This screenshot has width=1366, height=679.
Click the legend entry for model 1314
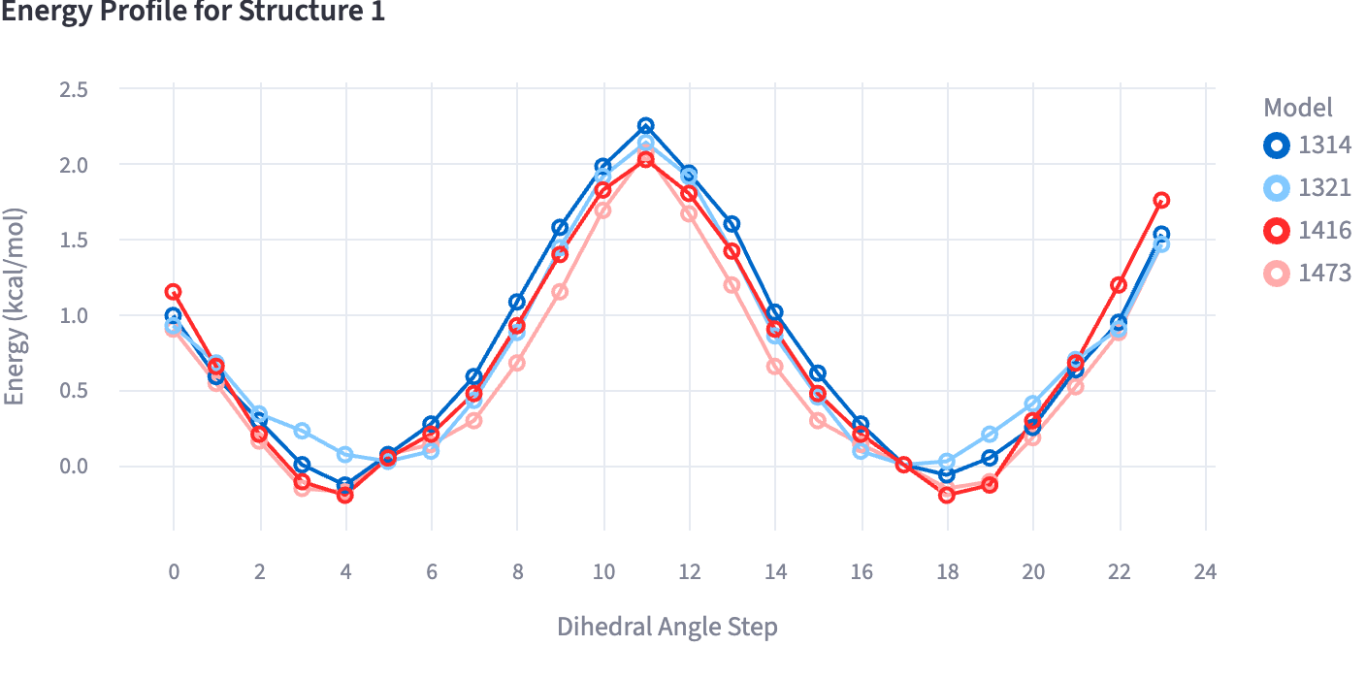pyautogui.click(x=1306, y=145)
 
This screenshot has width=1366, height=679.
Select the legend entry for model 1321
pyautogui.click(x=1306, y=188)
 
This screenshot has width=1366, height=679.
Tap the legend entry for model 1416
pyautogui.click(x=1306, y=231)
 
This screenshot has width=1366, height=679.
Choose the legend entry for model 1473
pyautogui.click(x=1306, y=274)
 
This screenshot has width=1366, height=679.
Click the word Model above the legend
pyautogui.click(x=1298, y=107)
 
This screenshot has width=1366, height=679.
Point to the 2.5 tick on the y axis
pyautogui.click(x=75, y=89)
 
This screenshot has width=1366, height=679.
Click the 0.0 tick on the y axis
pyautogui.click(x=75, y=467)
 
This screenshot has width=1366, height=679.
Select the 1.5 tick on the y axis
pyautogui.click(x=75, y=241)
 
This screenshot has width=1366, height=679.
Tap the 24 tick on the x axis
pyautogui.click(x=1205, y=572)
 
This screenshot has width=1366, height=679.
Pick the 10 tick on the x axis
pyautogui.click(x=603, y=572)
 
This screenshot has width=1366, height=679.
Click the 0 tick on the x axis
pyautogui.click(x=174, y=572)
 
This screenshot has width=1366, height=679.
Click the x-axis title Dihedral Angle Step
pyautogui.click(x=667, y=627)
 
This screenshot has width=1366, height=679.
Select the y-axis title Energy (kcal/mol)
pyautogui.click(x=16, y=307)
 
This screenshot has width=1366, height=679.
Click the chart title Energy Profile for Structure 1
pyautogui.click(x=194, y=13)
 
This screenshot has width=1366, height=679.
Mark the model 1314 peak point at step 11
pyautogui.click(x=646, y=126)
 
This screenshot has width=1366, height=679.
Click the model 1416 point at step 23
pyautogui.click(x=1161, y=201)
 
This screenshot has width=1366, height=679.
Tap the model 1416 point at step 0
pyautogui.click(x=174, y=292)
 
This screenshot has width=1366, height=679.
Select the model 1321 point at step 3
pyautogui.click(x=303, y=431)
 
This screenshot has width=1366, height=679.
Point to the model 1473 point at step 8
pyautogui.click(x=517, y=363)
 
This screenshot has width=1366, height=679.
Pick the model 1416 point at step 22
pyautogui.click(x=1119, y=285)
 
